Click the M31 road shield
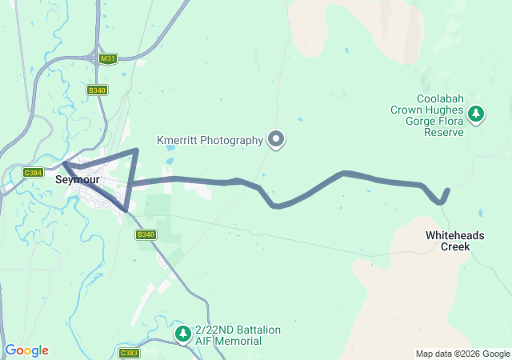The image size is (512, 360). pyautogui.click(x=107, y=59)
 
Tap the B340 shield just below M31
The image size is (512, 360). pyautogui.click(x=97, y=90)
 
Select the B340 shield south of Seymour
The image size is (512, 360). pyautogui.click(x=145, y=234)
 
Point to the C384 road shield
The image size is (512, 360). pyautogui.click(x=33, y=172)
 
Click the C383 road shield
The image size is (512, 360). pyautogui.click(x=128, y=352)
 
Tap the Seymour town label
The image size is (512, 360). pyautogui.click(x=77, y=180)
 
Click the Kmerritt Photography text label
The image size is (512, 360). pyautogui.click(x=209, y=140)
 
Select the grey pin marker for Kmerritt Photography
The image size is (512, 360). pyautogui.click(x=277, y=139)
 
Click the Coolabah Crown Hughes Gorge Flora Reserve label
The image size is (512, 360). pyautogui.click(x=426, y=121)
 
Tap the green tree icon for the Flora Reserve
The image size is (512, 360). pyautogui.click(x=477, y=114)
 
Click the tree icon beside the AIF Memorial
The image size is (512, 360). pyautogui.click(x=183, y=332)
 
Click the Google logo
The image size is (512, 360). pyautogui.click(x=26, y=350)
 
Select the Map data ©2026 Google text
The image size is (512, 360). pyautogui.click(x=462, y=354)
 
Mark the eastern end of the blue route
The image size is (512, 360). pyautogui.click(x=447, y=190)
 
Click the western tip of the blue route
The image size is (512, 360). pyautogui.click(x=64, y=165)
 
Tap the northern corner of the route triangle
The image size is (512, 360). pyautogui.click(x=136, y=150)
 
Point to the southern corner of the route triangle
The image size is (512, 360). pyautogui.click(x=126, y=210)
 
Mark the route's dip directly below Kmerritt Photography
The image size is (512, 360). pyautogui.click(x=276, y=206)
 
